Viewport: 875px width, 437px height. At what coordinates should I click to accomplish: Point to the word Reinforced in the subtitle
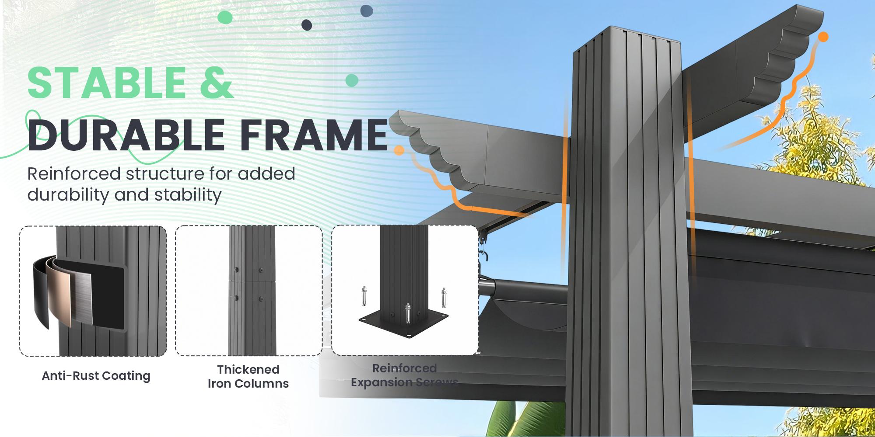click(x=74, y=173)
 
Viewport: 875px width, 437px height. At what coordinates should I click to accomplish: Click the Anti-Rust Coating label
click(x=96, y=376)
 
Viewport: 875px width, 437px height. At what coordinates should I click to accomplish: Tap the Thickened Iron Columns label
click(x=248, y=376)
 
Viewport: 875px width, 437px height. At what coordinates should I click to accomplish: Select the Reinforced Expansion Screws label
click(x=404, y=375)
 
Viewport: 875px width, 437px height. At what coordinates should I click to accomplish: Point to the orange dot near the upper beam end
click(x=823, y=37)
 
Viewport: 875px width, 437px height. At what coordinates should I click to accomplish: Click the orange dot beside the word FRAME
click(x=399, y=150)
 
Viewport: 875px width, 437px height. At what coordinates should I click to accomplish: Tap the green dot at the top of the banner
click(x=225, y=17)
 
